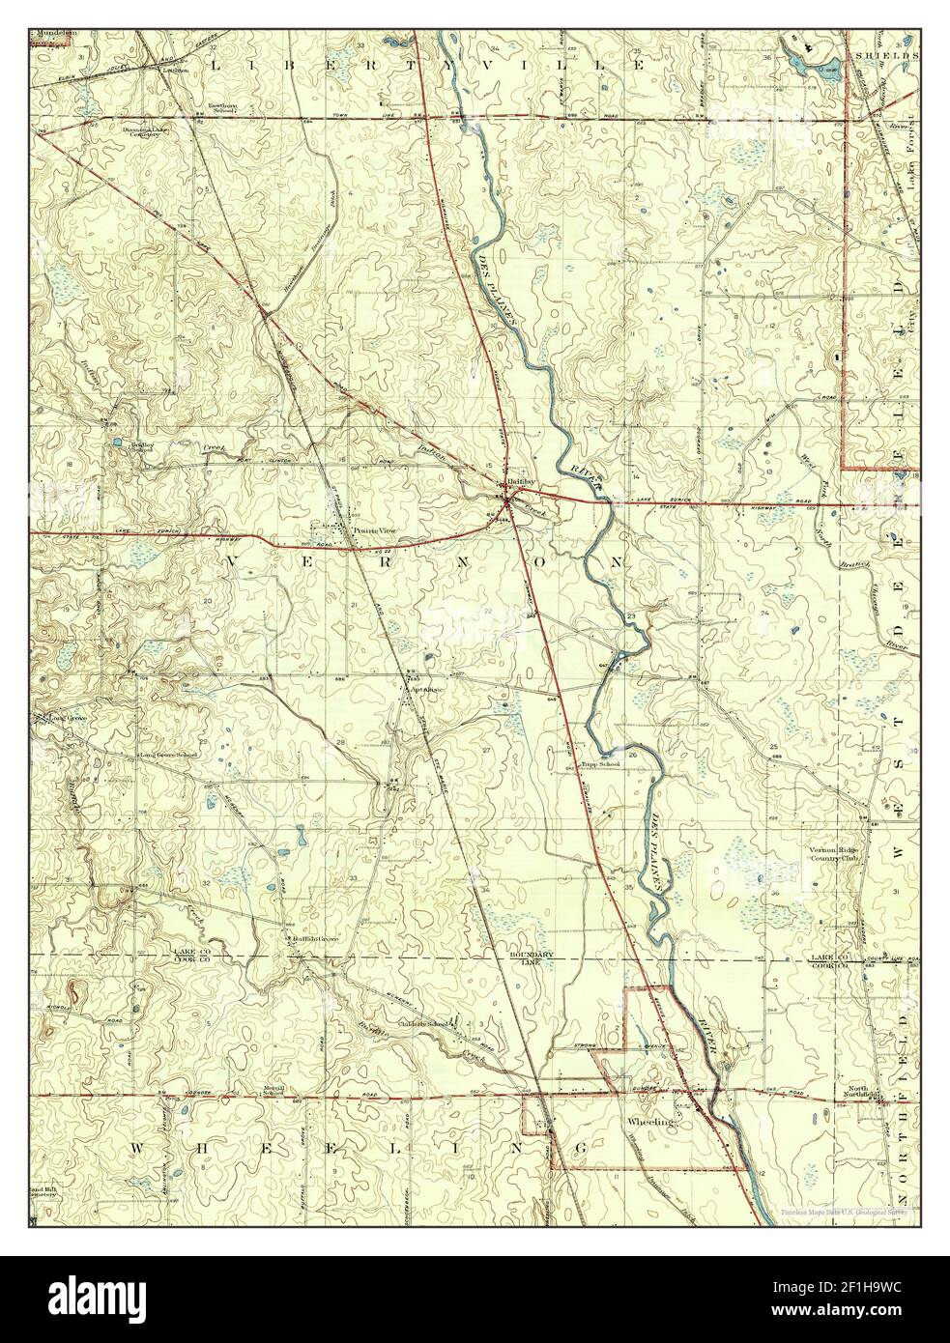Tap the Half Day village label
(x=508, y=486)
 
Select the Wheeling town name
(x=648, y=1124)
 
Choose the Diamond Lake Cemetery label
(x=148, y=129)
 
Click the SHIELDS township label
(x=885, y=56)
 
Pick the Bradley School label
(x=143, y=448)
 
